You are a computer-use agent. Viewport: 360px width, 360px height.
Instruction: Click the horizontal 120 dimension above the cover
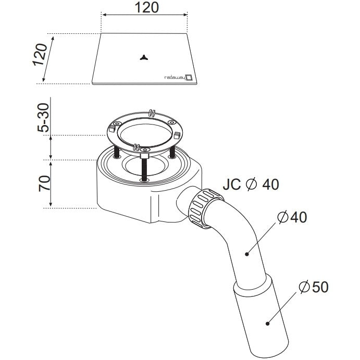tap(146, 7)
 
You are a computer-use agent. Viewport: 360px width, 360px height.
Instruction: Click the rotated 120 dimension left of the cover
tap(41, 55)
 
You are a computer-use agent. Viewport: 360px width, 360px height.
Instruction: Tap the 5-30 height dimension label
tap(43, 118)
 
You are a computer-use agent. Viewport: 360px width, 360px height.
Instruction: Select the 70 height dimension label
tap(44, 183)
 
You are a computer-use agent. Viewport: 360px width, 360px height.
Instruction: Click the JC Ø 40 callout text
tap(251, 184)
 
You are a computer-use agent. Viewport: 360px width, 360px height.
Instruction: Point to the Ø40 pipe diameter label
tap(292, 217)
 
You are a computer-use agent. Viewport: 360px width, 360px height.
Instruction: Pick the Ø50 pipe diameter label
tap(314, 287)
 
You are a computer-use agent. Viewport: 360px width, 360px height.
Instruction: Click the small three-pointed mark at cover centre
tap(144, 58)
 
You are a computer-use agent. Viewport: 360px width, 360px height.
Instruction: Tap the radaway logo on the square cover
tap(178, 78)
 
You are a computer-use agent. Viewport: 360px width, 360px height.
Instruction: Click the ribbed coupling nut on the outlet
tap(205, 208)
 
